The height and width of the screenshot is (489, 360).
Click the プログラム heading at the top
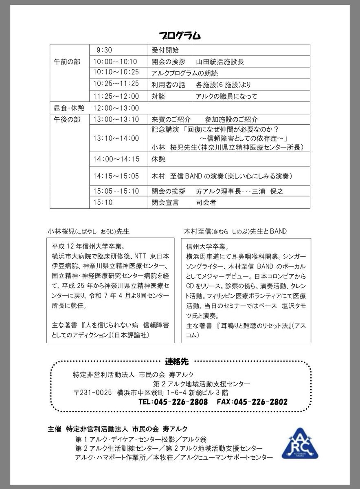pos(180,36)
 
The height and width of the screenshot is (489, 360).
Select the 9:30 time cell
pos(104,50)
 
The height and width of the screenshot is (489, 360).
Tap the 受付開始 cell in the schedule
pos(165,50)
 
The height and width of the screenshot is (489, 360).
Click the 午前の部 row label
pos(67,62)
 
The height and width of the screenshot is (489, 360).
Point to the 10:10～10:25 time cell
pos(116,73)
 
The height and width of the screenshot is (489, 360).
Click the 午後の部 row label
pos(67,119)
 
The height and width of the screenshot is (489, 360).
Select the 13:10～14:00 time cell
pos(116,138)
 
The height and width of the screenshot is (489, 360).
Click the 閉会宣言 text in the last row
pos(165,202)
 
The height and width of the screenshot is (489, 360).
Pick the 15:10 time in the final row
pos(103,202)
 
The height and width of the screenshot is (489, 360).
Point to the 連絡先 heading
pos(177,361)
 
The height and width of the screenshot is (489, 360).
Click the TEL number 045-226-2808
pos(173,402)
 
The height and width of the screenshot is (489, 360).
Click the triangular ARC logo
pos(300,444)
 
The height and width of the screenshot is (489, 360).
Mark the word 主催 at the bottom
pos(55,429)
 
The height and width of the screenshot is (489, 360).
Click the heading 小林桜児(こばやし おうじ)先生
pos(88,231)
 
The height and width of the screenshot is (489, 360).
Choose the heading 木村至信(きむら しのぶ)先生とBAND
pos(235,231)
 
